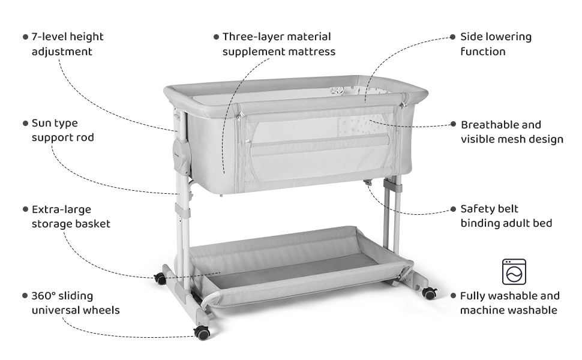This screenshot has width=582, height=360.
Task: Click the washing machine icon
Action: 514,271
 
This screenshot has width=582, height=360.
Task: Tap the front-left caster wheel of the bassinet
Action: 202,332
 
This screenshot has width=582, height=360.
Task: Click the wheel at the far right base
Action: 429,293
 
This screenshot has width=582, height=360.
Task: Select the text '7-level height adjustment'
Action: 67,44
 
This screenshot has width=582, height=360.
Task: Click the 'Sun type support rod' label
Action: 62,130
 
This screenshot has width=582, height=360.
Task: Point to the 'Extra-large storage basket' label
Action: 71,217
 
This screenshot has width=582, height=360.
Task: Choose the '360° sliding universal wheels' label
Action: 75,303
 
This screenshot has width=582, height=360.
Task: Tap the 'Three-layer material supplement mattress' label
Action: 279,44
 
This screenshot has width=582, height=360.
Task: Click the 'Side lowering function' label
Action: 496,44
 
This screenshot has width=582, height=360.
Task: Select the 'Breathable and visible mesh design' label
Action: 512,132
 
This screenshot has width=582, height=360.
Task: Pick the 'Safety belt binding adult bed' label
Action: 506,216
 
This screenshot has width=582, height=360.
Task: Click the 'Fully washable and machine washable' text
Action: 509,303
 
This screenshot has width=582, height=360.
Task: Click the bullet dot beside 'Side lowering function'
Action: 453,37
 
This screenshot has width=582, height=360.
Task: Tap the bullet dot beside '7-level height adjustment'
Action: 25,37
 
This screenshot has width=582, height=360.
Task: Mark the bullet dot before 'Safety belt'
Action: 454,209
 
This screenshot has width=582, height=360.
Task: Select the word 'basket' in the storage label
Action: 92,224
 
